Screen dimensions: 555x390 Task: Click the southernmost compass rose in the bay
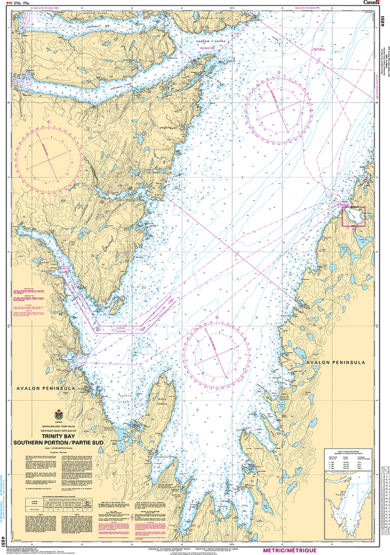tap(216, 352)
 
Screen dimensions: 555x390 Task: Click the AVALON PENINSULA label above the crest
tap(49, 388)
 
